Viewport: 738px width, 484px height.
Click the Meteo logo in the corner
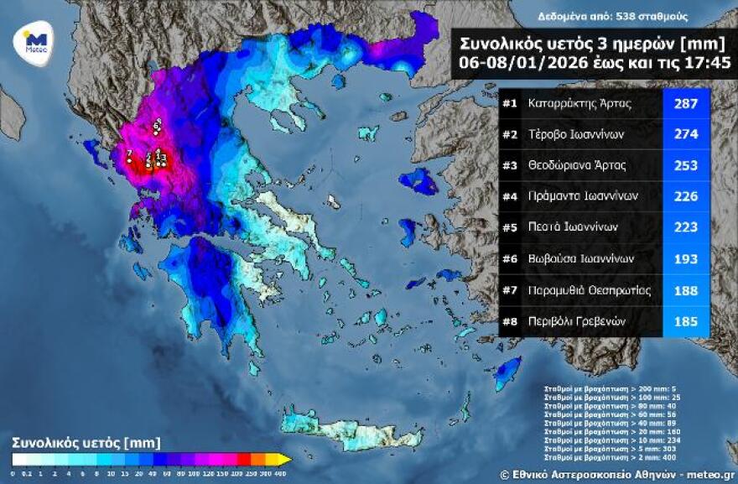tap(35, 42)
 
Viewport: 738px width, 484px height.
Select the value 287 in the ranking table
tap(686, 105)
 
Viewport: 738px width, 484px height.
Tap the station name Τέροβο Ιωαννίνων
tap(575, 135)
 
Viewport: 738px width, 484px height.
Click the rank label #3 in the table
tap(509, 165)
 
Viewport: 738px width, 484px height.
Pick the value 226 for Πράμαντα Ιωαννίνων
tap(686, 195)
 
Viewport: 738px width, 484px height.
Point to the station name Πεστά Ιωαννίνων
tap(573, 226)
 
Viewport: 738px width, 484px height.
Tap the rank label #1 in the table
tap(509, 105)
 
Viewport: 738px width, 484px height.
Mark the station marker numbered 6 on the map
tap(157, 128)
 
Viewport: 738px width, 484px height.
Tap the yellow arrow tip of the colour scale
tap(285, 459)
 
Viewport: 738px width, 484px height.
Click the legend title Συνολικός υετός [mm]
tap(86, 442)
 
